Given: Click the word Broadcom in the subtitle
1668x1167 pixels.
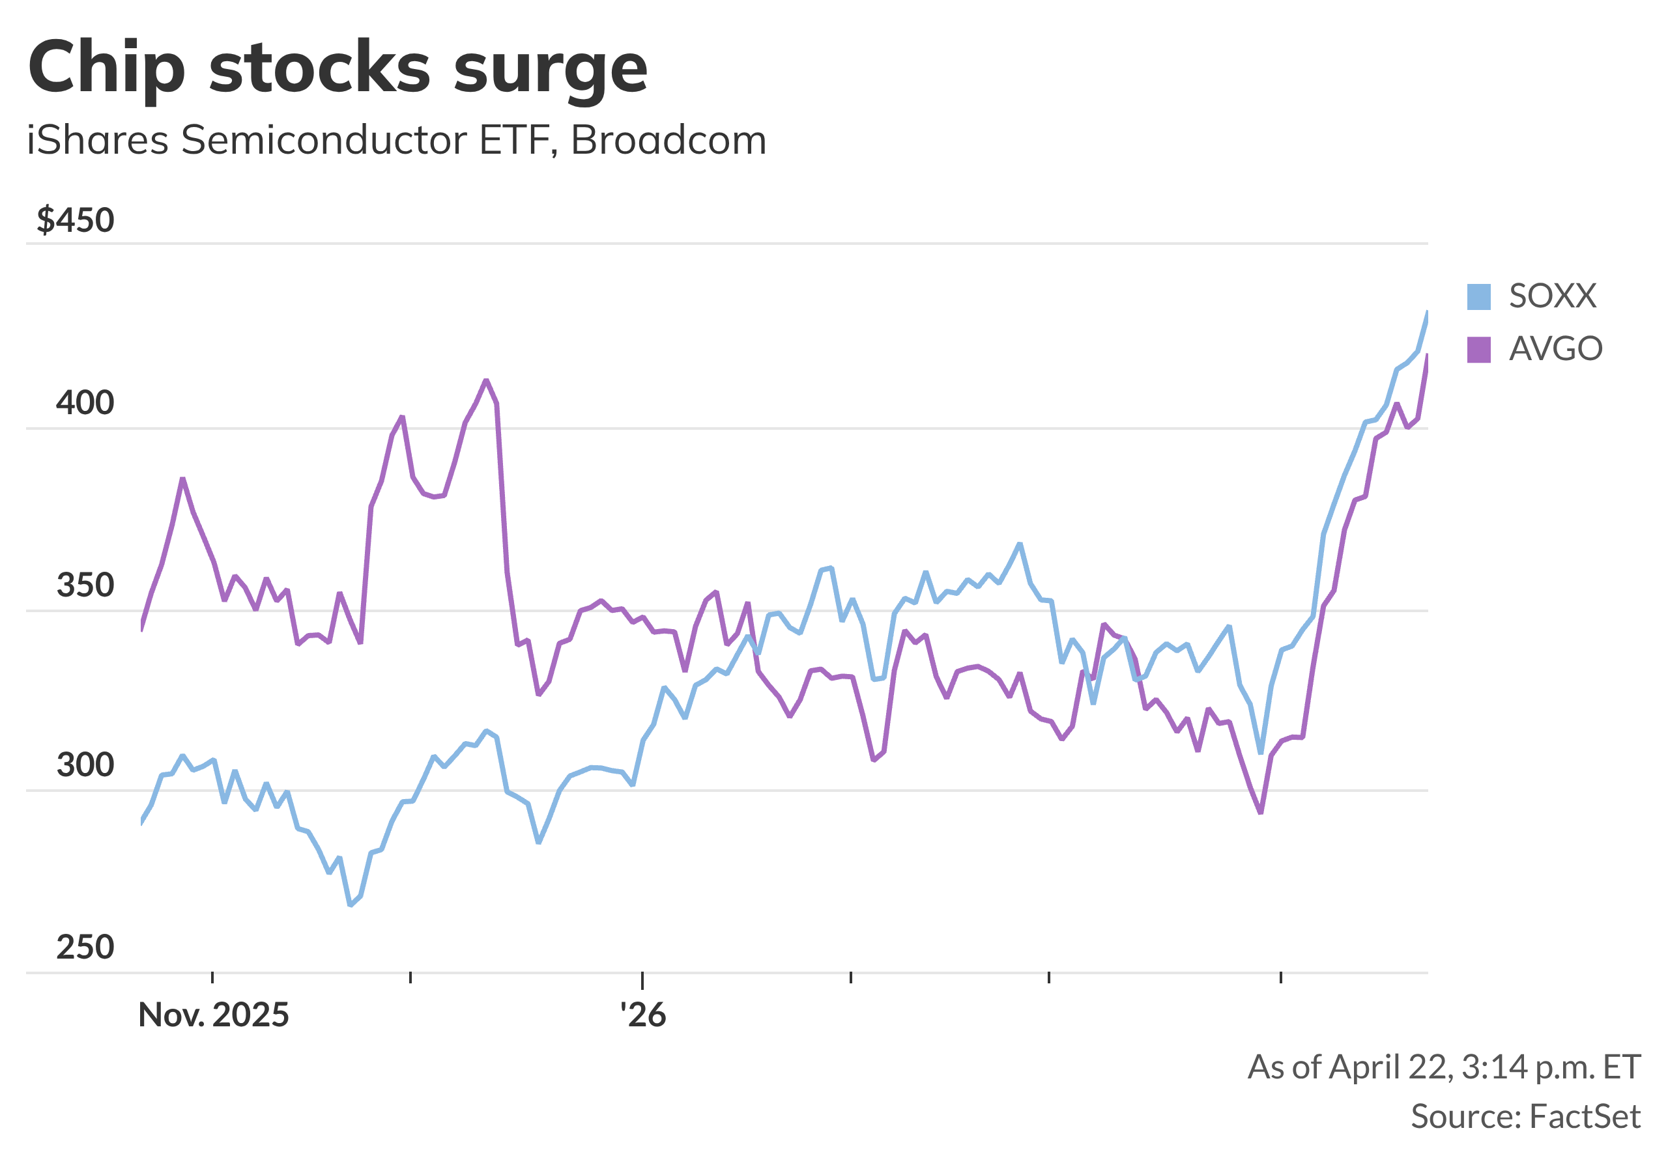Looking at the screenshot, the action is [669, 140].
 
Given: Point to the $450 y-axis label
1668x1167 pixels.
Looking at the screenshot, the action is [76, 220].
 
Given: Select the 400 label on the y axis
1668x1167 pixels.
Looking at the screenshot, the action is [85, 403].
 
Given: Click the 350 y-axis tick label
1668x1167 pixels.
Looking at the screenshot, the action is [85, 585].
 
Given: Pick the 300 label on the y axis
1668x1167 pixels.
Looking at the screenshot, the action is [85, 765].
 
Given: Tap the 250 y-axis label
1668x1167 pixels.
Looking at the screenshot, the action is [85, 948].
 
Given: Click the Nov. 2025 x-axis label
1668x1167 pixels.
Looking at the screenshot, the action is [214, 1015].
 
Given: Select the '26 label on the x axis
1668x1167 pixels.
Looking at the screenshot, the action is [643, 1015].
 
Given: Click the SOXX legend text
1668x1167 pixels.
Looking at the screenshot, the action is [1553, 296].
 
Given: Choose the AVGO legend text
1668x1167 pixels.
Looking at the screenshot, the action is [1555, 349].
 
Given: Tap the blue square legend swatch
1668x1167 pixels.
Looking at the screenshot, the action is [1479, 297].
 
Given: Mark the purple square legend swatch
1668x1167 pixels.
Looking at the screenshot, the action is [1479, 350].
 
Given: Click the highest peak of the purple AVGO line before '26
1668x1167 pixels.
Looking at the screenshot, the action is [487, 380].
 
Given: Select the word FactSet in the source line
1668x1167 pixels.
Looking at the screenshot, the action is [1585, 1117].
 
